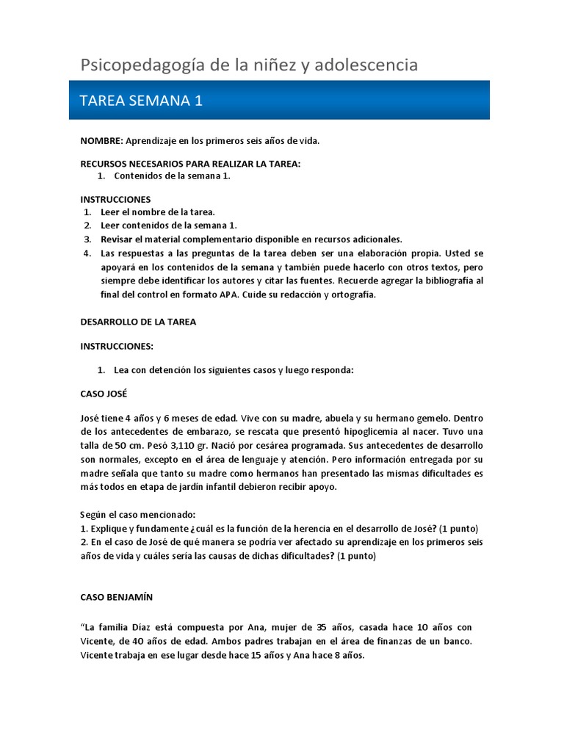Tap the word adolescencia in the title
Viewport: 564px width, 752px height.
point(365,65)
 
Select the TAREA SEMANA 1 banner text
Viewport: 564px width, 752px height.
point(140,101)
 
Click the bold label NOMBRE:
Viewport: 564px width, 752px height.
point(102,140)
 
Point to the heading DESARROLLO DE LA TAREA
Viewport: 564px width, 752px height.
point(138,322)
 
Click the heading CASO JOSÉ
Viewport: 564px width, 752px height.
point(104,394)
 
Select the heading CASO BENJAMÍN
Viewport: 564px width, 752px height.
point(117,598)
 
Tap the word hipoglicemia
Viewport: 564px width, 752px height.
point(372,431)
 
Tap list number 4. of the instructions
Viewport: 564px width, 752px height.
point(87,253)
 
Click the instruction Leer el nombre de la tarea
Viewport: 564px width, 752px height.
point(158,212)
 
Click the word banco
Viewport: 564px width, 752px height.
point(458,641)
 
